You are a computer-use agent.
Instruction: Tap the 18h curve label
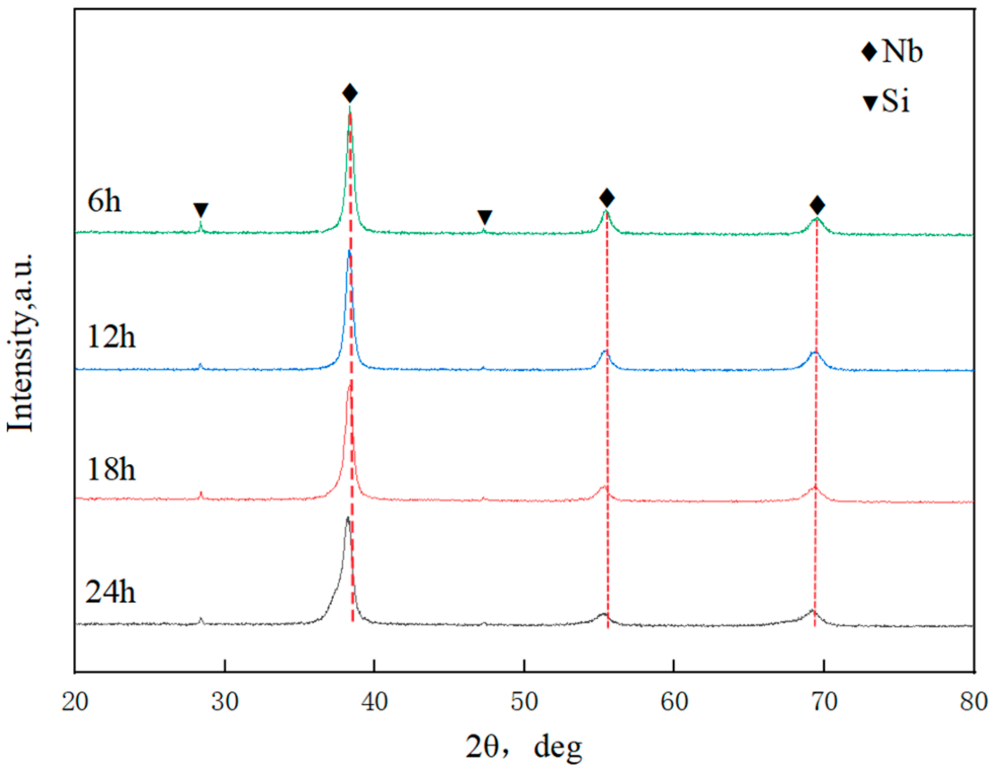pos(111,469)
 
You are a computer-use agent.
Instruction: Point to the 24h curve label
pos(110,592)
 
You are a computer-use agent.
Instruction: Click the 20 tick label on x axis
pos(75,701)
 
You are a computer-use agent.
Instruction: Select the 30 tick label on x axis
pos(225,701)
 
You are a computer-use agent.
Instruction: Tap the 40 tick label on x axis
pos(374,701)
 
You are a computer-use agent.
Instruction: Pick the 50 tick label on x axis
pos(524,701)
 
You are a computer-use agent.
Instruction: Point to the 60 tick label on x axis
pos(674,701)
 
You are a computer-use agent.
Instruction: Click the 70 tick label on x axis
pos(824,701)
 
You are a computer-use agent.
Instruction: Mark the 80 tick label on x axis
pos(973,701)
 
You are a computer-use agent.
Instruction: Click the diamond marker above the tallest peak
pos(350,93)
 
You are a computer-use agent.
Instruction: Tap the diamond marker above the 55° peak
pos(607,198)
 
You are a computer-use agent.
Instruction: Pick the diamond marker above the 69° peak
pos(817,205)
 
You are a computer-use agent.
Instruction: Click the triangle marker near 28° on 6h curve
pos(201,210)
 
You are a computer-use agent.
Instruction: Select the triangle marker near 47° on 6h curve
pos(485,217)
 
